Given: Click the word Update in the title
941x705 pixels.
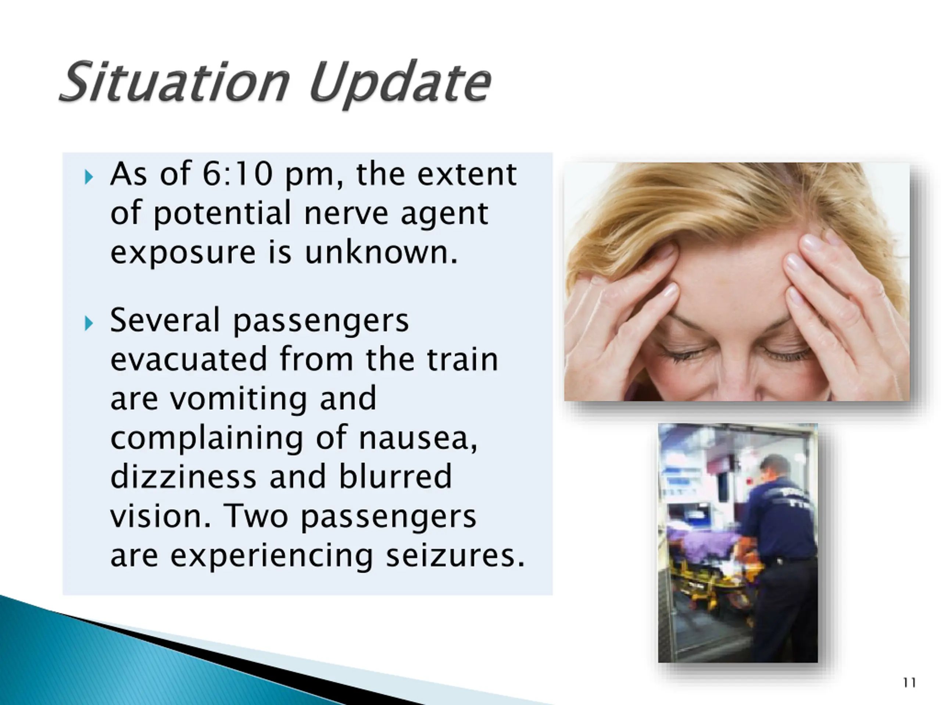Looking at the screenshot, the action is click(400, 84).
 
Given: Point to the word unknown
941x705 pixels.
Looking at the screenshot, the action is click(381, 252).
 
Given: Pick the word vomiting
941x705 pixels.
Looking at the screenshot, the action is click(239, 399).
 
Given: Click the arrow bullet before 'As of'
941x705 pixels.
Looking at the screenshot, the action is click(89, 177).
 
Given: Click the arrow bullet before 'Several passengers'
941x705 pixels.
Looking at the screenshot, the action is click(89, 323).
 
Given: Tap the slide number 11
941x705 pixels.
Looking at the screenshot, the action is click(909, 683).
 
